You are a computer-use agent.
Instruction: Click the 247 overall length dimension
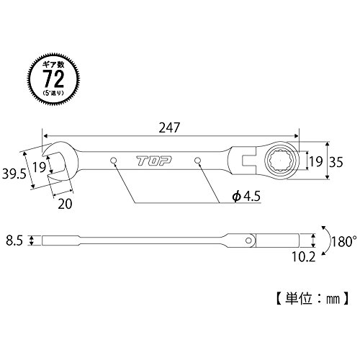coord(169,127)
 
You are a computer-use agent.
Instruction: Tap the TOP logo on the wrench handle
coord(154,161)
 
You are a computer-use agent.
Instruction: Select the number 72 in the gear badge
coord(53,78)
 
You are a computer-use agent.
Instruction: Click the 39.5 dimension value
coord(14,174)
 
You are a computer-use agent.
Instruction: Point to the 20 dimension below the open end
coord(65,204)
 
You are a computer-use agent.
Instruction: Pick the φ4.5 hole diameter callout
coord(246,197)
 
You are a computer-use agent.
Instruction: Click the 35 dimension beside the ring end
coord(336,163)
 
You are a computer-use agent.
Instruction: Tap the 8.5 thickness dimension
coord(14,240)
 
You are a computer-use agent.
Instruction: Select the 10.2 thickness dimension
coord(303,257)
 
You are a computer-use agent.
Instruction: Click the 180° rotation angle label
coord(343,241)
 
